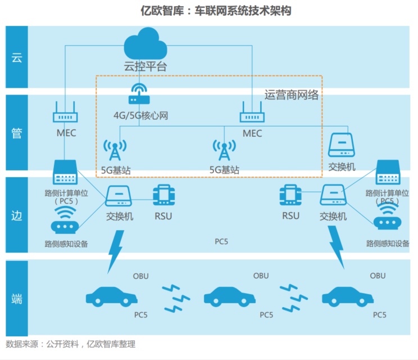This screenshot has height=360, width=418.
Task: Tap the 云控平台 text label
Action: (x=146, y=66)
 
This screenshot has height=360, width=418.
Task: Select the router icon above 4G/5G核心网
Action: (x=137, y=93)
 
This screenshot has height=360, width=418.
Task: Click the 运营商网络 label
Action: (x=292, y=94)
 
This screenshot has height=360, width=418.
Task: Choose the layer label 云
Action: (x=17, y=57)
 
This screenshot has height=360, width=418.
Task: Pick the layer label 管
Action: (x=17, y=133)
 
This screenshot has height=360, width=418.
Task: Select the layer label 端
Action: (x=17, y=299)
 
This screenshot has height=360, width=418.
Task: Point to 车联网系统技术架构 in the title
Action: (x=243, y=11)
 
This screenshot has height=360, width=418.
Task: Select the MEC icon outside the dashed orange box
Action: (x=66, y=112)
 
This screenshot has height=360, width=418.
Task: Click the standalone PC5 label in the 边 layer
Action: (x=222, y=241)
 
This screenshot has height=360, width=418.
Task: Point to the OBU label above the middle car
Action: (x=261, y=276)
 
